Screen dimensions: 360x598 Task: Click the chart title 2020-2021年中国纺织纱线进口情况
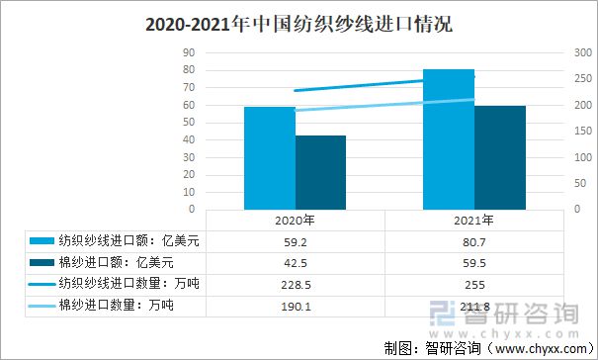pos(299,22)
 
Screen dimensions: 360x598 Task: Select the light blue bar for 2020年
pos(270,158)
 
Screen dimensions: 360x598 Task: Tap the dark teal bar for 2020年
pos(320,172)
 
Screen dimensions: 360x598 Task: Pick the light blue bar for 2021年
pos(449,139)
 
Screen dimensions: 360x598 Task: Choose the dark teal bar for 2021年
pos(499,157)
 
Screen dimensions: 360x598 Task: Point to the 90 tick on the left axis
pos(188,52)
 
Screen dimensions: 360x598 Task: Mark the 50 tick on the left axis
pos(188,123)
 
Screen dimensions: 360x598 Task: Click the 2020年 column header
pos(295,220)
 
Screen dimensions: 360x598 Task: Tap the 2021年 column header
pos(473,220)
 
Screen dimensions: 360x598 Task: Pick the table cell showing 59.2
pos(295,240)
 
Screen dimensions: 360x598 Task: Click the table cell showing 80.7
pos(473,240)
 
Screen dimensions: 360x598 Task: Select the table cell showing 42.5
pos(295,262)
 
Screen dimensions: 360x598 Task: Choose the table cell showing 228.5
pos(295,284)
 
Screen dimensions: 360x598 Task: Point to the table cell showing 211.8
pos(473,306)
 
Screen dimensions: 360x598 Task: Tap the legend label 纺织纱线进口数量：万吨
pos(123,284)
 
